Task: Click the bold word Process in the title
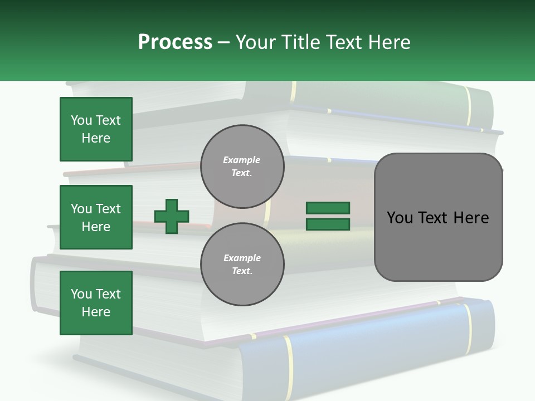pos(175,42)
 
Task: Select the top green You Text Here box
pos(96,129)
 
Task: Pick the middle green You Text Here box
pos(96,217)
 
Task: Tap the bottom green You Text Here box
pos(96,303)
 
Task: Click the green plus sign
pos(172,216)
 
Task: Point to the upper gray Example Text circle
pos(242,166)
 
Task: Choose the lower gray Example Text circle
pos(242,265)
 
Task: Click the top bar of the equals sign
pos(328,208)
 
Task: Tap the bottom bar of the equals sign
pos(328,224)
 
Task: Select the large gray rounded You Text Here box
pos(438,217)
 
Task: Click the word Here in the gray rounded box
pos(471,218)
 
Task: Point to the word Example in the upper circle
pos(241,160)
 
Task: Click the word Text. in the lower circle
pos(242,271)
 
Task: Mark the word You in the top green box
pos(81,120)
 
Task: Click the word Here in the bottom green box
pos(96,312)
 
